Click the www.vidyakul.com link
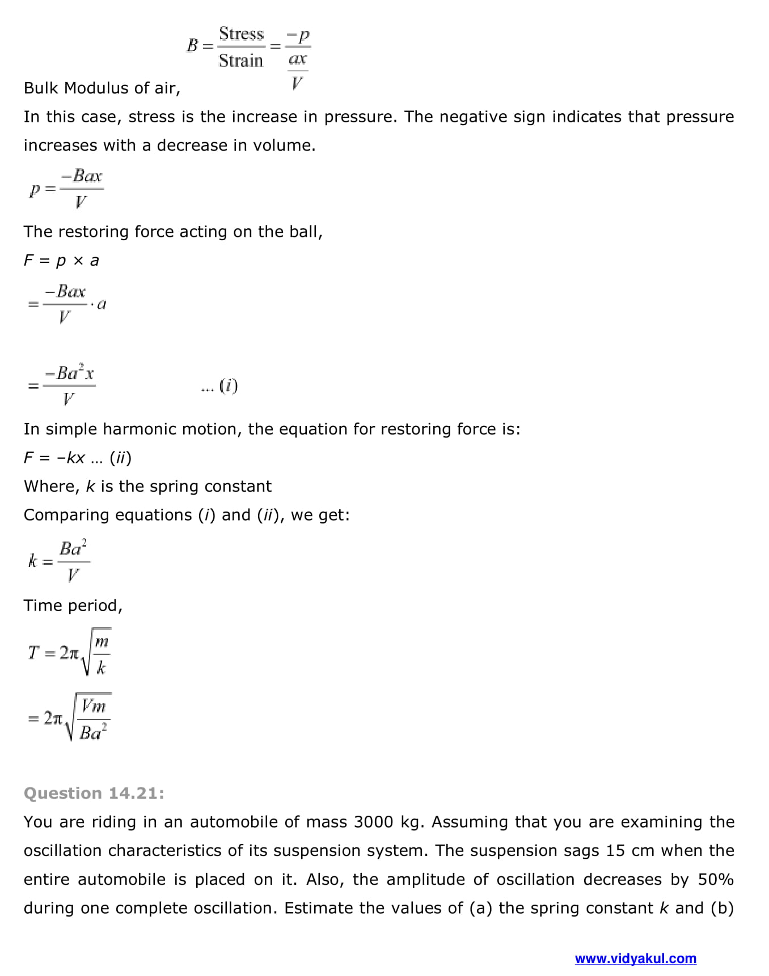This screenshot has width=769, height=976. click(635, 958)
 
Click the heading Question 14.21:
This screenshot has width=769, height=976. click(94, 793)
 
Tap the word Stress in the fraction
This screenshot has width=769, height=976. click(241, 34)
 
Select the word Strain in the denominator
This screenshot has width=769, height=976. click(241, 60)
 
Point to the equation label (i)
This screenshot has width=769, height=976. click(228, 386)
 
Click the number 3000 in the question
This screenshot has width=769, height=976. click(373, 822)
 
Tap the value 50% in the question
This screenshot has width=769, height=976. click(716, 879)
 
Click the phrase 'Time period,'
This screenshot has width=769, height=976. click(73, 606)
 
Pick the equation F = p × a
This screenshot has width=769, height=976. click(61, 261)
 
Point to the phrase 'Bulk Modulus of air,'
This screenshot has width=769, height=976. click(102, 88)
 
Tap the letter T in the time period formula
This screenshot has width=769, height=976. click(33, 653)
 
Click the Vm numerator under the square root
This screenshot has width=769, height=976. click(94, 706)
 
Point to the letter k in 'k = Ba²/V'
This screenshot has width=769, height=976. click(32, 561)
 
